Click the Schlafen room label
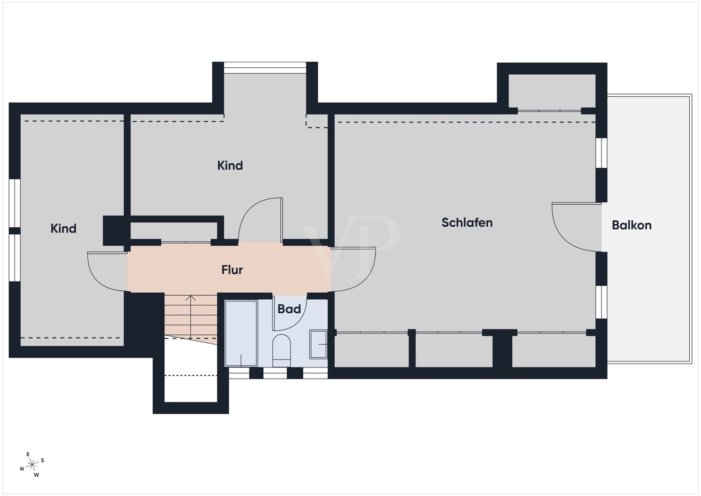[x=467, y=223]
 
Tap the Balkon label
[x=631, y=225]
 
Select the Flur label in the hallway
[x=232, y=270]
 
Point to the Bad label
[x=289, y=309]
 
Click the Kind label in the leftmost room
[x=64, y=229]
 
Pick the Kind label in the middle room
[x=230, y=165]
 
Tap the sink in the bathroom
[x=318, y=344]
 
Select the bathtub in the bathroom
[x=241, y=333]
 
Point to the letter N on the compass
[x=22, y=469]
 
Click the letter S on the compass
[x=43, y=460]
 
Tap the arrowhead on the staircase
[x=191, y=298]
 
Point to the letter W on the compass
[x=36, y=475]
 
